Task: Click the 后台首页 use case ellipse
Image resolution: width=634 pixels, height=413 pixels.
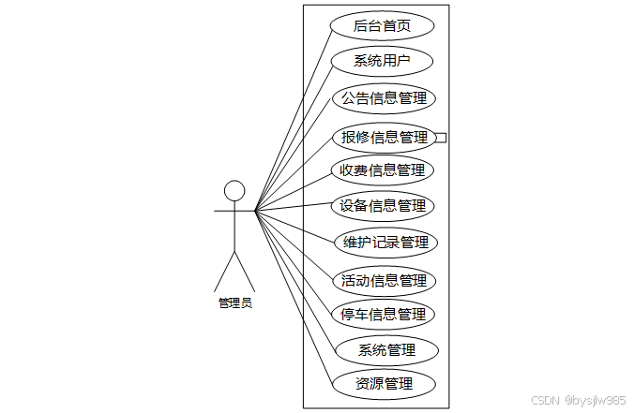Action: coord(383,26)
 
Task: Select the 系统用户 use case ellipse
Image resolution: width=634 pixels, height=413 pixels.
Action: coord(383,62)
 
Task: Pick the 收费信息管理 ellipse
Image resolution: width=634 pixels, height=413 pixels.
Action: coord(383,170)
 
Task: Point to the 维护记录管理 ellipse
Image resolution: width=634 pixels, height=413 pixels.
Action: coord(385,242)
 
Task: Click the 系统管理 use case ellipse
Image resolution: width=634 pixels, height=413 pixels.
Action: coord(386,350)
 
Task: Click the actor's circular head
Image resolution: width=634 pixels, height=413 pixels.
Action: coord(234,190)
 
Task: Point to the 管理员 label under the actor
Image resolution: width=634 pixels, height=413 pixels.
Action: coord(234,302)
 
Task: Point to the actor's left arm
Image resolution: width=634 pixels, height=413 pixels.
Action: coord(223,211)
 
